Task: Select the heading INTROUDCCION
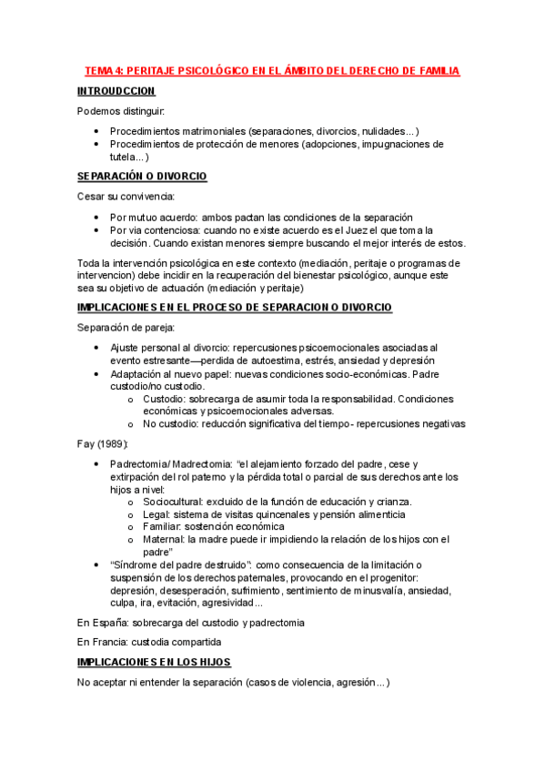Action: coord(116,91)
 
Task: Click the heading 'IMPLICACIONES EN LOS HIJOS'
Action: coord(155,662)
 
